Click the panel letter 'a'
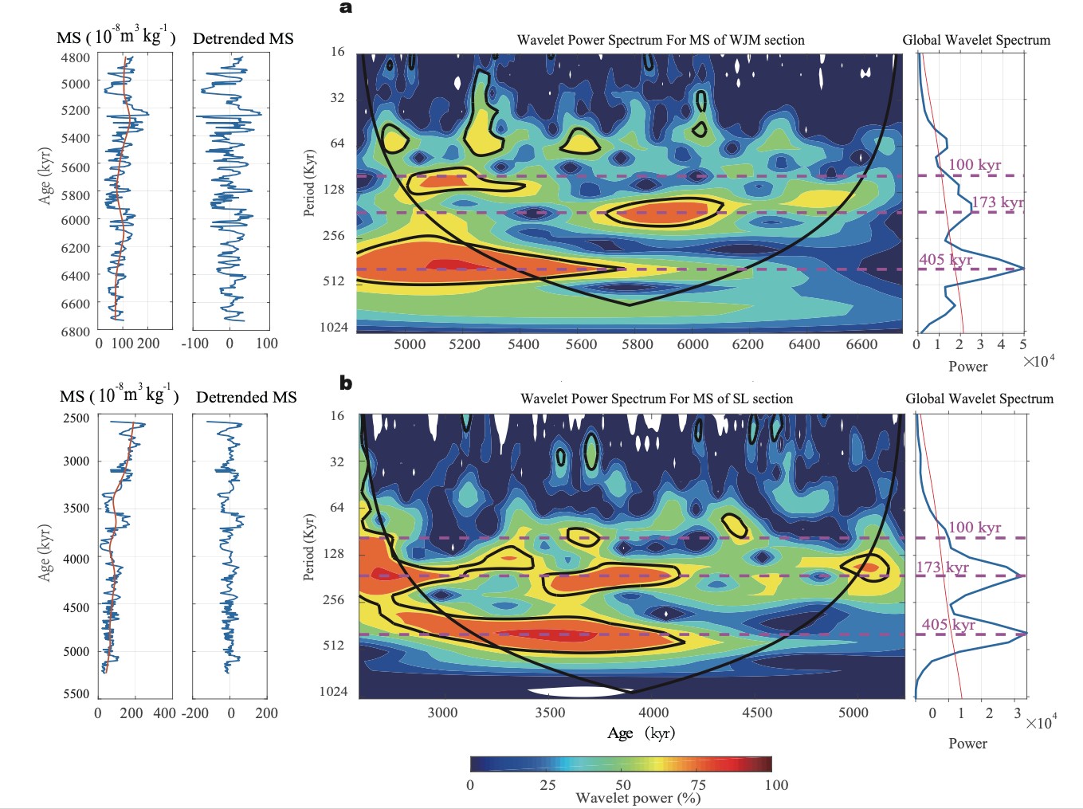tap(345, 8)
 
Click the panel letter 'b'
tap(345, 383)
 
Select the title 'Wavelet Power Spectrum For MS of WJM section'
tap(661, 40)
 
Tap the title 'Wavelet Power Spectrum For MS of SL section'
tap(657, 399)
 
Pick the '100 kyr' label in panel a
tap(975, 165)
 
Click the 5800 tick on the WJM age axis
tap(637, 344)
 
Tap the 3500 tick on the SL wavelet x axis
tap(550, 713)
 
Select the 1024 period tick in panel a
tap(334, 327)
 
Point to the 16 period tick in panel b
tap(338, 415)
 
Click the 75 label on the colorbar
tap(698, 784)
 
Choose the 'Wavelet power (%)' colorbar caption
tap(638, 798)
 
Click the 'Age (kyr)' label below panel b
tap(641, 733)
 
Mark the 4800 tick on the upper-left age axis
tap(76, 57)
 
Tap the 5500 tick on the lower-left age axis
tap(76, 693)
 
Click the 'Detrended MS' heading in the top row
tap(243, 38)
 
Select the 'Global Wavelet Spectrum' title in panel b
tap(979, 399)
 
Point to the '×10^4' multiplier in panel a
tap(1039, 361)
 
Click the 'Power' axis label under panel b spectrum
tap(967, 743)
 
